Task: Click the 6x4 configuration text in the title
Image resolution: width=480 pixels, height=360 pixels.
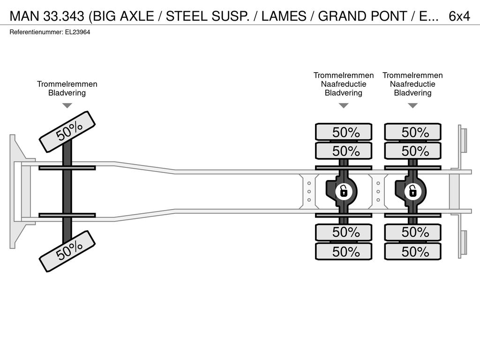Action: coord(459,16)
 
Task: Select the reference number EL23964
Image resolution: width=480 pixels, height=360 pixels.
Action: coord(77,32)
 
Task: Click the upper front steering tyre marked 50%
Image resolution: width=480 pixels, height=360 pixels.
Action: coord(67,132)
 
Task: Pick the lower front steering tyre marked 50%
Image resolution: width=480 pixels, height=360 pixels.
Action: coord(67,251)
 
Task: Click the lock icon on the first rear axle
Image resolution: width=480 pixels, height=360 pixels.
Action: coord(344,192)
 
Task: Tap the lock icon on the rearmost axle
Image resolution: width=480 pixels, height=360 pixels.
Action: coord(412,192)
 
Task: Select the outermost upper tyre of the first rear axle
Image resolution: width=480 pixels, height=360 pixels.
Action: coord(344,132)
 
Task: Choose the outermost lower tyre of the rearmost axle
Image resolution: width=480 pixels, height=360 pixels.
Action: coord(412,252)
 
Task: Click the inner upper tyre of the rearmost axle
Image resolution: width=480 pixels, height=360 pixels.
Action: coord(412,150)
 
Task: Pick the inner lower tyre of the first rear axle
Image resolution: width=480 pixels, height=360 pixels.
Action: coord(344,232)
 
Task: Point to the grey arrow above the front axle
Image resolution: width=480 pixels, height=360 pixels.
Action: coord(67,105)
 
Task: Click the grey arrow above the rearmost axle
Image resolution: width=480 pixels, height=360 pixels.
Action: coord(412,105)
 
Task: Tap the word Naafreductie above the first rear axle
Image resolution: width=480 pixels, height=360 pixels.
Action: coord(344,84)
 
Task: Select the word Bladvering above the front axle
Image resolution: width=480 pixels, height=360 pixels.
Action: coord(67,93)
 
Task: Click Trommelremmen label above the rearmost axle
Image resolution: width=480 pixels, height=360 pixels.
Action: coord(412,75)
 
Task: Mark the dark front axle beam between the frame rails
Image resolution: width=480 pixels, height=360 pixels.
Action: coord(67,191)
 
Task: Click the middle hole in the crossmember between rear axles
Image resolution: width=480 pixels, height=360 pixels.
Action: coord(378,192)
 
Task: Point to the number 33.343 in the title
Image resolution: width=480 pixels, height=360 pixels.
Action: coord(64,16)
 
